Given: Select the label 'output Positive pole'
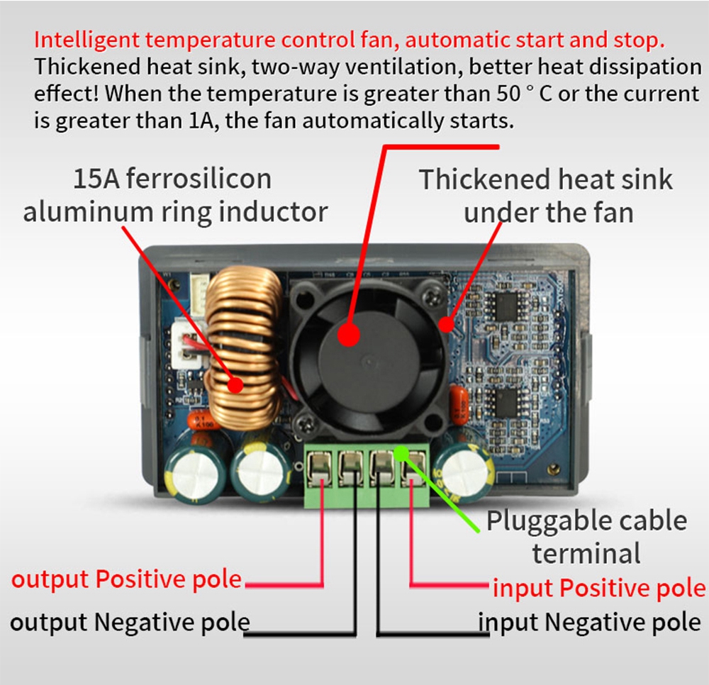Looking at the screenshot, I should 127,579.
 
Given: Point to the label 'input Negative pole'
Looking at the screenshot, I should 590,622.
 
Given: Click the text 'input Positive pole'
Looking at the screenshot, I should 599,588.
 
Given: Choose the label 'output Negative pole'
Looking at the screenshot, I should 130,622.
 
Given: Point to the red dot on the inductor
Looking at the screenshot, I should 233,385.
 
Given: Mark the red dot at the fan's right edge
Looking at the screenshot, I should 445,325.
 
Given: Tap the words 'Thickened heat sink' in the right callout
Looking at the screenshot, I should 545,179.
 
